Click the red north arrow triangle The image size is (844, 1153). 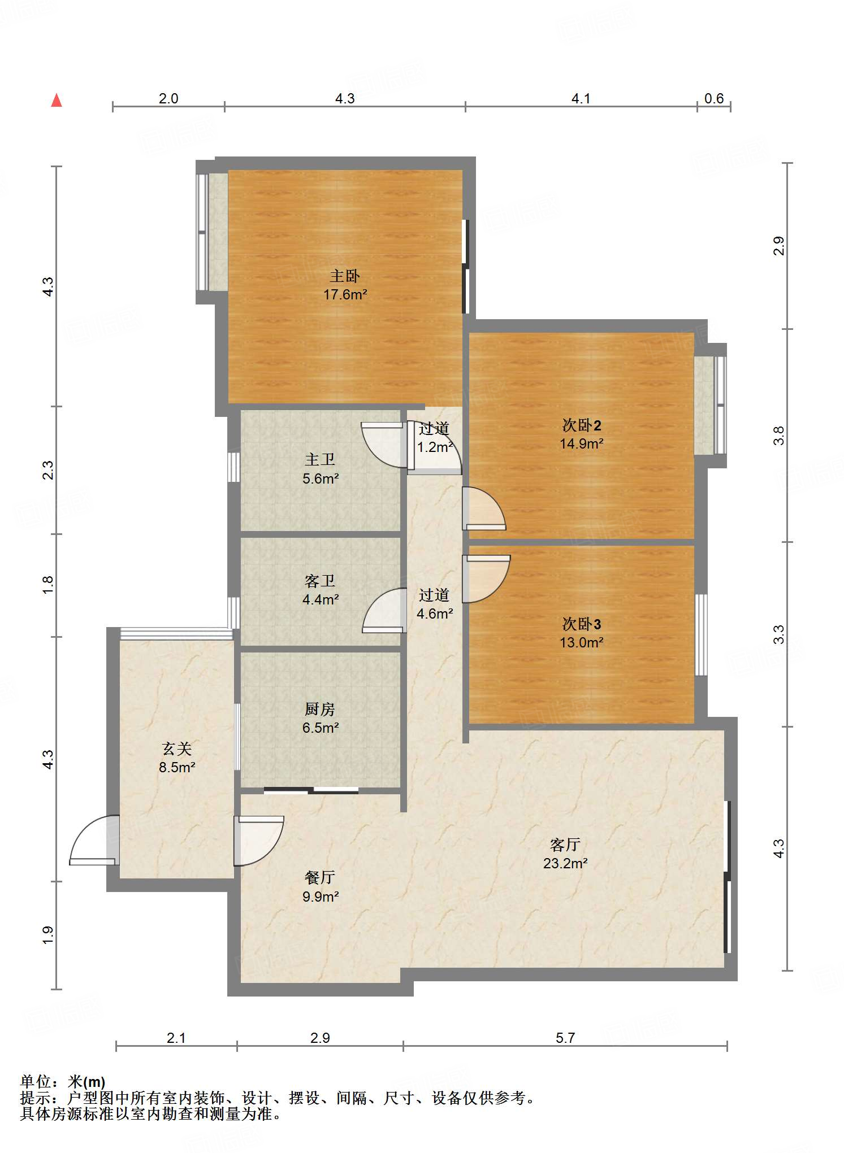coord(57,101)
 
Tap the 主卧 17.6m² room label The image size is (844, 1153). coord(345,285)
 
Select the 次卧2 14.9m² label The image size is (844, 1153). coord(582,434)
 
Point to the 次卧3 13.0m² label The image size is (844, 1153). coord(582,633)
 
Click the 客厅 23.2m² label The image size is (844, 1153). coord(565,854)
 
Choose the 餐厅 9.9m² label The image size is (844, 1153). coord(321,887)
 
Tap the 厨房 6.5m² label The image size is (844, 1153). coord(321,719)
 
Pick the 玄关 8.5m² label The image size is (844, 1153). coord(177,758)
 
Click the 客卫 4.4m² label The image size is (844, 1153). coord(321,590)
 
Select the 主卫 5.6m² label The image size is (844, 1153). coord(321,469)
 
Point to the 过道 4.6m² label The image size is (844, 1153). coord(435,604)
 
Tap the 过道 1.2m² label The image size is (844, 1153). coord(435,438)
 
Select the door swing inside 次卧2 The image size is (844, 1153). coord(484,508)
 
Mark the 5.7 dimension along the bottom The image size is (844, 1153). coord(565,1038)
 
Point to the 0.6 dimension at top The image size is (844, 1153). coord(714,99)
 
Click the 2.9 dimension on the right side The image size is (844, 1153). coord(779,246)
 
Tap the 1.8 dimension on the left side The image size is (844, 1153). coord(48,585)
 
